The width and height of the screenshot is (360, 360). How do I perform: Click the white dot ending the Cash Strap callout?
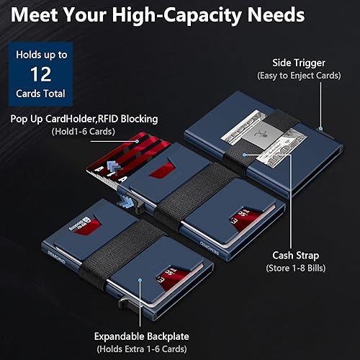[x=247, y=153]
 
